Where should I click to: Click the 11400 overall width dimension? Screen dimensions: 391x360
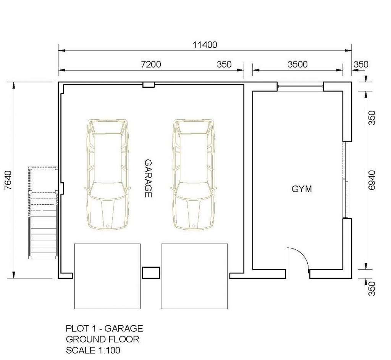pos(205,45)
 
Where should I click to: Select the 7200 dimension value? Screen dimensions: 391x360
pos(151,64)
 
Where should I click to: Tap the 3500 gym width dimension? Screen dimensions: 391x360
pos(297,64)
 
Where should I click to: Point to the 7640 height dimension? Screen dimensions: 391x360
pos(8,180)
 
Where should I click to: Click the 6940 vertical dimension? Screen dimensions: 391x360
pos(372,180)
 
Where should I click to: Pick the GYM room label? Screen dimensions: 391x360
pos(302,189)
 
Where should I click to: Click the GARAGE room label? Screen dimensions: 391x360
pos(148,178)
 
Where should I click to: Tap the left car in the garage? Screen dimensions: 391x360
pos(107,174)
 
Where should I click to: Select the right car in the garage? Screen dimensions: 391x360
pos(194,174)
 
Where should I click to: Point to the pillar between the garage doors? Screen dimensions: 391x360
pos(151,272)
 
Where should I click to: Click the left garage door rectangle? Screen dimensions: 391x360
pos(107,276)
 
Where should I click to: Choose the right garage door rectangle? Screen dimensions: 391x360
pos(194,276)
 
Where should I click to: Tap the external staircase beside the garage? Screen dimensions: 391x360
pos(43,213)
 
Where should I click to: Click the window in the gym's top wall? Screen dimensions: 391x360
pos(300,87)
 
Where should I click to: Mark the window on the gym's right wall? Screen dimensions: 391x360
pos(345,180)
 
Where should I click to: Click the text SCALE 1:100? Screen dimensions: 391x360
pos(93,350)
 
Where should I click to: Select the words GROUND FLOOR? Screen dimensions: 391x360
pos(102,339)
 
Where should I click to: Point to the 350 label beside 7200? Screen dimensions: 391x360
pos(224,64)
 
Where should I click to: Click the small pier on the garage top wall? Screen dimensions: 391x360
pos(149,85)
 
